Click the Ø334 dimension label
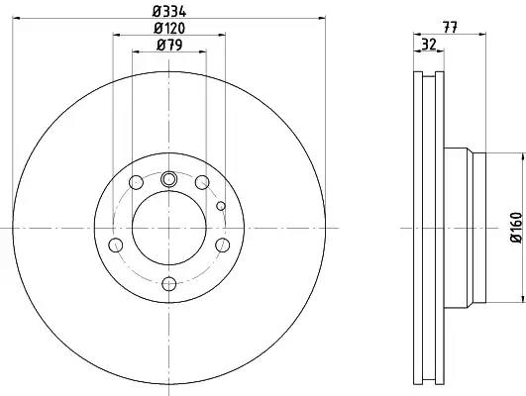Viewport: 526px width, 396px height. [169, 12]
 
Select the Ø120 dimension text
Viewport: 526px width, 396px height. [169, 28]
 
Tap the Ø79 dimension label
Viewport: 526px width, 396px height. [169, 45]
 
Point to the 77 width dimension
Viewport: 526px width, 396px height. [450, 28]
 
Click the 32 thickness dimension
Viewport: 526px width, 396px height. [428, 45]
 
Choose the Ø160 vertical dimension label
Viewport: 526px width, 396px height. [517, 227]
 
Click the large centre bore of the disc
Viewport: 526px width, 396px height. [168, 228]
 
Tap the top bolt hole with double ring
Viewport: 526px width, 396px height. [168, 179]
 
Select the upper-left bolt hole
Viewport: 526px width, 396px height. [136, 182]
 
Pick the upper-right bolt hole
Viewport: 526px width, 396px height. [202, 182]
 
